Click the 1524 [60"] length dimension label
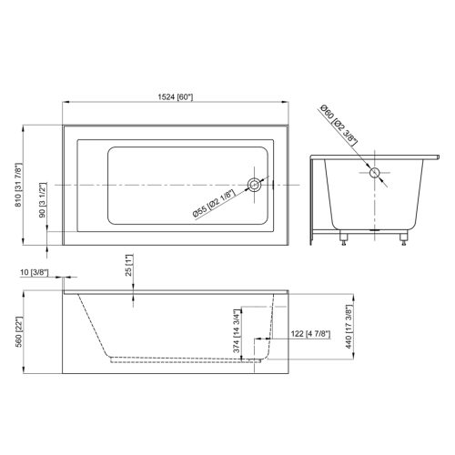174,97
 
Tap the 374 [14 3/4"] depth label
238,332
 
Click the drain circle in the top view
258,186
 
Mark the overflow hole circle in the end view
374,172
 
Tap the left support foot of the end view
345,241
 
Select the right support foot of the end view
401,241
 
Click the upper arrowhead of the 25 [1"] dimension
135,292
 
